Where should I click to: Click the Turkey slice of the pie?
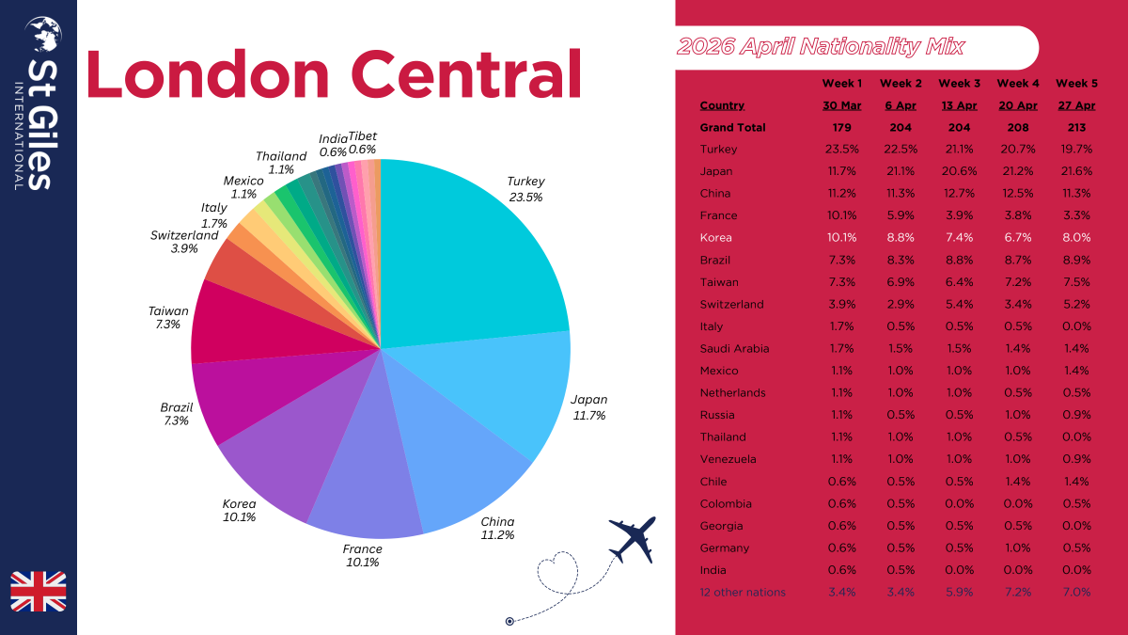[461, 254]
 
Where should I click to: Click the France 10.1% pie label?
[362, 556]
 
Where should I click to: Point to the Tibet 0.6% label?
[362, 143]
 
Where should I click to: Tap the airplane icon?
[632, 538]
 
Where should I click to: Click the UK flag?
[39, 591]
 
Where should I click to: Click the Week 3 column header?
[960, 84]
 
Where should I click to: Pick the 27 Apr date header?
[1075, 105]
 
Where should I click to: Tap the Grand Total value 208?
[1018, 128]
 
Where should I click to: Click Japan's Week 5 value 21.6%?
[1075, 171]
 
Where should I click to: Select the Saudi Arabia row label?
[734, 348]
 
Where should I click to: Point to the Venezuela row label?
[728, 459]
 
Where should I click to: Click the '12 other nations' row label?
[743, 592]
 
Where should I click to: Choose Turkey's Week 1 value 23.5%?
[841, 150]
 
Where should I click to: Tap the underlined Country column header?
[722, 105]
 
